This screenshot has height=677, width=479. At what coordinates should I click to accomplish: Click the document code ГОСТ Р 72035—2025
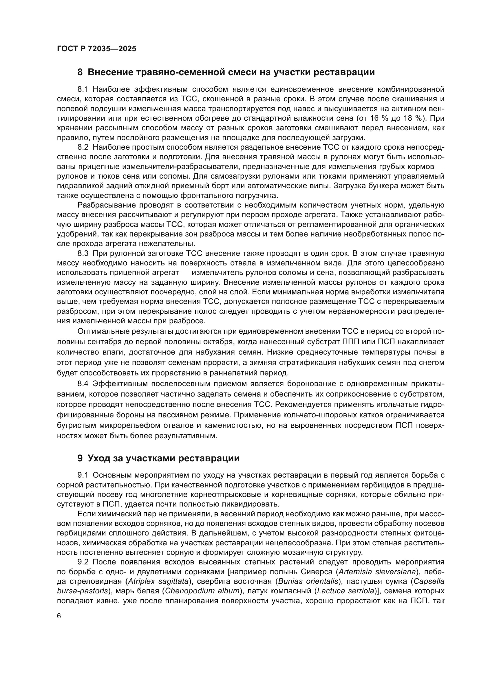(96, 49)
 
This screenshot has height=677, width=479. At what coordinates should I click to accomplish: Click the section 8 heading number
(80, 72)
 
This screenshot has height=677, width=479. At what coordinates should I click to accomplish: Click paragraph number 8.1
(83, 89)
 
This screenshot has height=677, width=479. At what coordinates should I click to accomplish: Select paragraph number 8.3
(83, 253)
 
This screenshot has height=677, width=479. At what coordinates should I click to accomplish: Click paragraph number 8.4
(83, 384)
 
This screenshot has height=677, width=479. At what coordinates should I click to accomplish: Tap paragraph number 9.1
(83, 475)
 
